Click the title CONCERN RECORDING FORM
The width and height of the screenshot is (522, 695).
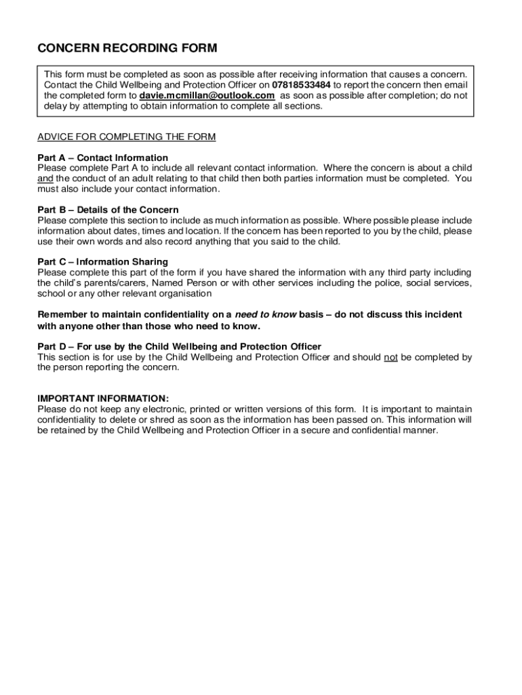tap(127, 48)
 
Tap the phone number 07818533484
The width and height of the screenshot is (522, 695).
tap(301, 85)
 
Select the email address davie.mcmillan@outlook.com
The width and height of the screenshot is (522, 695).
tap(207, 96)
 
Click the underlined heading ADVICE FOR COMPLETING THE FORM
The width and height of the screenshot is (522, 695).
tap(127, 137)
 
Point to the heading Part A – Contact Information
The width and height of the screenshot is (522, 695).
tap(102, 158)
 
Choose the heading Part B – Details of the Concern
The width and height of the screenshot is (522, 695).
tap(108, 210)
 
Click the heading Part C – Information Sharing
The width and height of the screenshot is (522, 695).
tap(102, 262)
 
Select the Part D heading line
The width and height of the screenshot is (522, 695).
tap(179, 347)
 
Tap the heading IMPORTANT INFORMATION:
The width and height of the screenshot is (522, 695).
tap(103, 398)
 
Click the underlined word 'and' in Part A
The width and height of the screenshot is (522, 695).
tap(45, 179)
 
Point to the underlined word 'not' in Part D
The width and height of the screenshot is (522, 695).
tap(390, 357)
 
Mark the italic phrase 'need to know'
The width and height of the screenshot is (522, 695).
tap(265, 314)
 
